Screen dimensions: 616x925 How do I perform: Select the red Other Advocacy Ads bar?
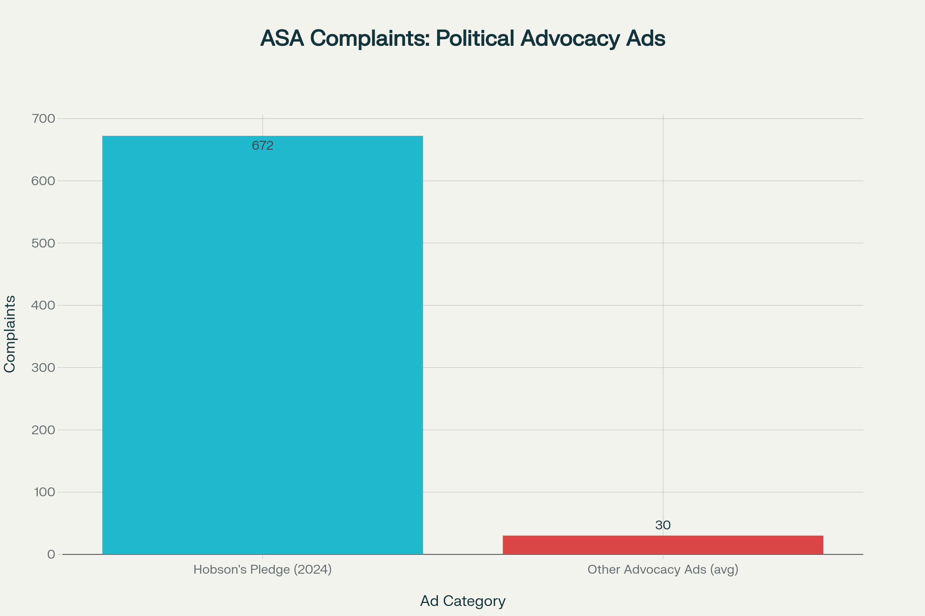coord(663,545)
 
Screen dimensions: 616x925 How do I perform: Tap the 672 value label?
coord(262,146)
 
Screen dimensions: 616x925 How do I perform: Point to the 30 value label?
coord(663,525)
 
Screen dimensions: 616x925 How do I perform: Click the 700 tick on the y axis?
coord(43,119)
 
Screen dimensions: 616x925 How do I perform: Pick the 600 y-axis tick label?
coord(43,181)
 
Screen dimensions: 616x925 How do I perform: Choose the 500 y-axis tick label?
coord(43,243)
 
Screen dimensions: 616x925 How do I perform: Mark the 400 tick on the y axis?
coord(43,305)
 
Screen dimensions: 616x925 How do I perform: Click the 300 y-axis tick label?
coord(43,368)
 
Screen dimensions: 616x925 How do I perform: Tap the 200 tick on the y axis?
coord(43,430)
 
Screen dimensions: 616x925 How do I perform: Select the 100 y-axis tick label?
coord(44,492)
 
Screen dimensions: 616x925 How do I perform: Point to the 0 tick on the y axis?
coord(51,554)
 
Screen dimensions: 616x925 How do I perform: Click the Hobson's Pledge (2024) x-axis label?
coord(262,569)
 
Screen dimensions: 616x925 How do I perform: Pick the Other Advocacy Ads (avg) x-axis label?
coord(663,569)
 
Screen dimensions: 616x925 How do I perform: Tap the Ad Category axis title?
coord(462,601)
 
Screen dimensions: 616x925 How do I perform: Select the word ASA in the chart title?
coord(282,38)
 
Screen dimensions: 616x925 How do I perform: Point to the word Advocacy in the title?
coord(570,38)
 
